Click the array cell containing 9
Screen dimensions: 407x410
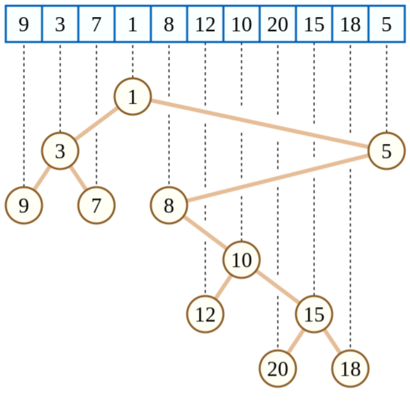(24, 24)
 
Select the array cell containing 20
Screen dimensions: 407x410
(277, 24)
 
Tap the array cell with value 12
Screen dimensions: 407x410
(205, 24)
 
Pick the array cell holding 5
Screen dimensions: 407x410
(386, 24)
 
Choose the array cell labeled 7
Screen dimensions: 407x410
(96, 24)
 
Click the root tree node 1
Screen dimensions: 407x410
(132, 97)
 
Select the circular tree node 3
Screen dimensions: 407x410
(60, 151)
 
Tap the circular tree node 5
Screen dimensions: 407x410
(386, 151)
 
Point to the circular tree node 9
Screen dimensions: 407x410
(24, 206)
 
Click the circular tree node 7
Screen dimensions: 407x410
(96, 206)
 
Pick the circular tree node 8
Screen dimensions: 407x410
(169, 206)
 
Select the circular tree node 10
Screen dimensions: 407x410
(241, 260)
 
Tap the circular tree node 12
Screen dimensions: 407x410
(205, 314)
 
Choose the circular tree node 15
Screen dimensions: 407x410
(314, 314)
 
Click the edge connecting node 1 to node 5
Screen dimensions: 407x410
(259, 123)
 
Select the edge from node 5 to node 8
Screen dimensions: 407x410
(277, 178)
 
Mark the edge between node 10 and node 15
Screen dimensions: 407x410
(277, 287)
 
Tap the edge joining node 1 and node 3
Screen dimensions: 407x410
(96, 124)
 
